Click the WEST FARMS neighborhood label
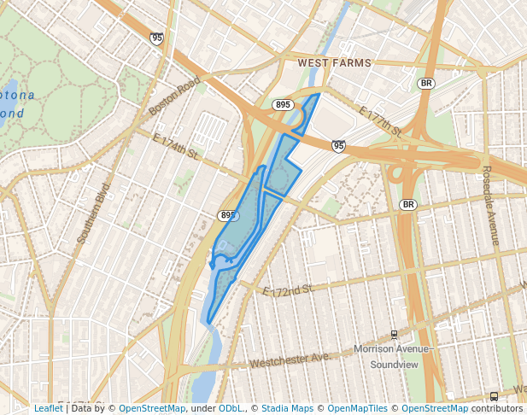pyautogui.click(x=335, y=64)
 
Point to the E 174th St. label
pyautogui.click(x=176, y=146)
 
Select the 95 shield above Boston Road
pyautogui.click(x=156, y=38)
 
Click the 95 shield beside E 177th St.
pyautogui.click(x=339, y=147)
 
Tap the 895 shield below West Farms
pyautogui.click(x=284, y=104)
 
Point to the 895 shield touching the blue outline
pyautogui.click(x=226, y=215)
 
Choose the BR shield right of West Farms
pyautogui.click(x=426, y=84)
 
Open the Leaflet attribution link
pyautogui.click(x=48, y=408)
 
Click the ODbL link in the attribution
pyautogui.click(x=231, y=408)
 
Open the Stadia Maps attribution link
pyautogui.click(x=287, y=408)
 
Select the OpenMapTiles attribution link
pyautogui.click(x=357, y=408)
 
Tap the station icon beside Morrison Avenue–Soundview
pyautogui.click(x=394, y=334)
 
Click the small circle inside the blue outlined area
pyautogui.click(x=233, y=216)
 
